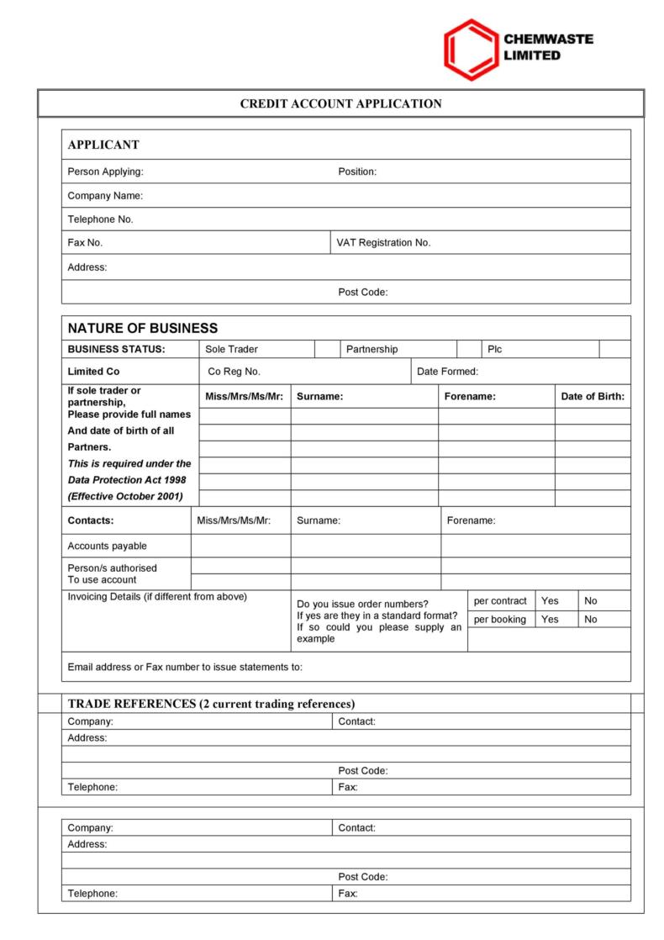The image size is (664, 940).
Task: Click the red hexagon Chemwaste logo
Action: tap(471, 50)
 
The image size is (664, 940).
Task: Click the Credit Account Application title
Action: tap(340, 104)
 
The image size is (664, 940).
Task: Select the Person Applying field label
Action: tap(105, 172)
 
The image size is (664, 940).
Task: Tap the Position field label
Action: tap(357, 172)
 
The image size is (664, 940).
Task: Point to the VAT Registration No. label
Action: tap(383, 242)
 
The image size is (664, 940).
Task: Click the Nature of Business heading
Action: tap(142, 328)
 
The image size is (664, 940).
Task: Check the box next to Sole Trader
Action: tap(326, 349)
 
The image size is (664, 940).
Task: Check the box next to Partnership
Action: tap(468, 349)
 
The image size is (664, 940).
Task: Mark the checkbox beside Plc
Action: tap(614, 349)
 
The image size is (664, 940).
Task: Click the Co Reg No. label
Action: tap(234, 372)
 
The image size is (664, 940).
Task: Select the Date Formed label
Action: tap(447, 372)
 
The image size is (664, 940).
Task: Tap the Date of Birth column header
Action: tap(593, 396)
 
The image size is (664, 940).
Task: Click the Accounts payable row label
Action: tap(107, 546)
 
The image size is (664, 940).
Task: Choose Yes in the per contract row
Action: tap(550, 600)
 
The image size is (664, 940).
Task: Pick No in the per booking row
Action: tap(591, 620)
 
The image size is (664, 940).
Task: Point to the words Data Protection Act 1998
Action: tap(129, 479)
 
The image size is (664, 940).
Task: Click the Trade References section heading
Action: tap(211, 703)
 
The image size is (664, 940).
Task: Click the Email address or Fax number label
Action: tap(184, 667)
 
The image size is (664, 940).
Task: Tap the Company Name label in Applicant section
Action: tap(105, 196)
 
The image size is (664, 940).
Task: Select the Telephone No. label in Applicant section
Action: tap(100, 219)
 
